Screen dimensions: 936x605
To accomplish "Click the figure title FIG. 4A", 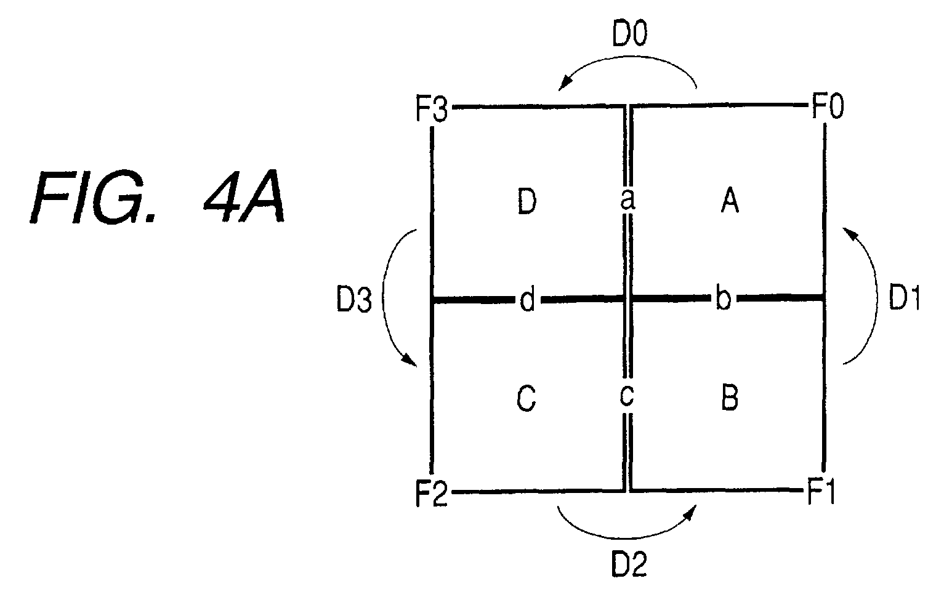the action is click(x=158, y=197).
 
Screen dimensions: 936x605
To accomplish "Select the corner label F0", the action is click(x=828, y=106).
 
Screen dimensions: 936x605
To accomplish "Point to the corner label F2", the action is click(x=431, y=494).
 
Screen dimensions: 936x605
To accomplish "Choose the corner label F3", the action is click(x=431, y=108).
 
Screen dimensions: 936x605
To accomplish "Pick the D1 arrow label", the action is click(x=905, y=298).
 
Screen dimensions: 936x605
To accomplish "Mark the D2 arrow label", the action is click(x=629, y=564).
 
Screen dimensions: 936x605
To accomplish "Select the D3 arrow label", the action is click(x=354, y=299).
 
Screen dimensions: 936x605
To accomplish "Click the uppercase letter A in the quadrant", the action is click(x=730, y=200).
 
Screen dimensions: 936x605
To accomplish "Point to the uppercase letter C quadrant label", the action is click(x=526, y=398).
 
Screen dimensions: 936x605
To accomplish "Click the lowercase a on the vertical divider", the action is click(x=627, y=200).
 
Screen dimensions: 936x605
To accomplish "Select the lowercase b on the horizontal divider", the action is click(x=724, y=298).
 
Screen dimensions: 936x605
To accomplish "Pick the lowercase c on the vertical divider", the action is click(x=627, y=395).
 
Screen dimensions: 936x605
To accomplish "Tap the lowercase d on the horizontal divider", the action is click(x=527, y=299).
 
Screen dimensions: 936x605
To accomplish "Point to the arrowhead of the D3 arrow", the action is click(x=410, y=360).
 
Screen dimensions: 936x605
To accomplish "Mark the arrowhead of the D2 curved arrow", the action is click(x=690, y=511).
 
